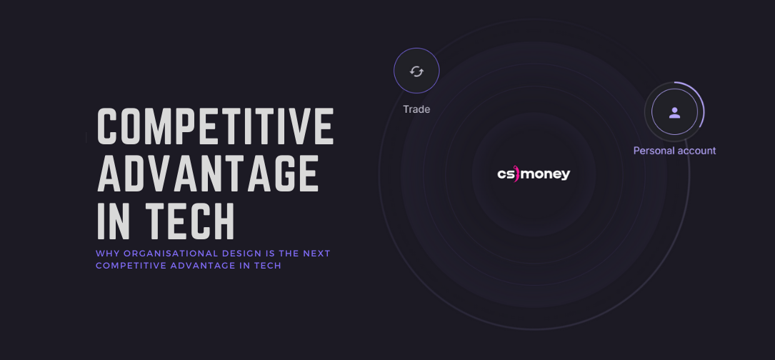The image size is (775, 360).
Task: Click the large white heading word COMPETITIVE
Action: click(216, 126)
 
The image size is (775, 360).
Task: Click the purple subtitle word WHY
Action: click(105, 254)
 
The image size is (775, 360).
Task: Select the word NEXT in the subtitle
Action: click(316, 254)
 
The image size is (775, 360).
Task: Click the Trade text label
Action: click(416, 109)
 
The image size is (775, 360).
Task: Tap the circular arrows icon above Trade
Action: click(416, 71)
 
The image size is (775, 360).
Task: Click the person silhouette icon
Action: click(674, 112)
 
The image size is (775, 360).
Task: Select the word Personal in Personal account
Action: click(653, 151)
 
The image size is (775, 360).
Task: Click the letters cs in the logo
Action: click(504, 174)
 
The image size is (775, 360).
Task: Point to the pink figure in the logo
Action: click(516, 174)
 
